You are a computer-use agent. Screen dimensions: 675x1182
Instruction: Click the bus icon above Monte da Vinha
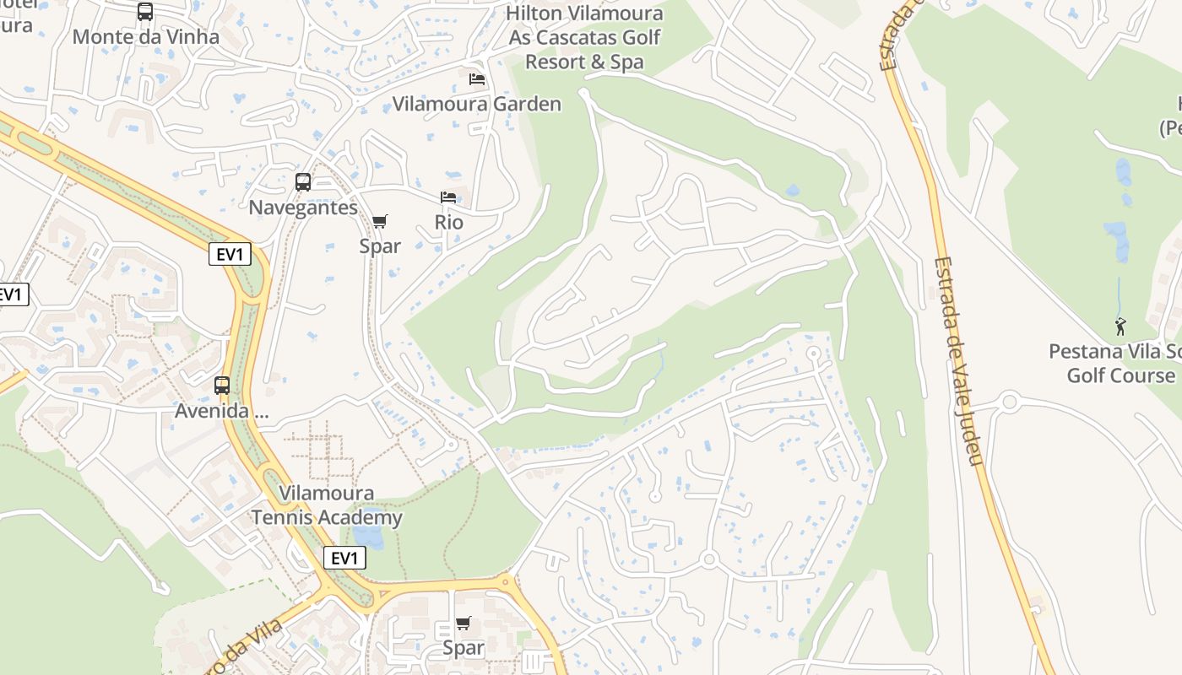pos(145,12)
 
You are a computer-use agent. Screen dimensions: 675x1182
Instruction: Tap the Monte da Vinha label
pos(145,37)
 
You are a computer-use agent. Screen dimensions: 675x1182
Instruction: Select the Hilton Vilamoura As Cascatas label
pos(584,38)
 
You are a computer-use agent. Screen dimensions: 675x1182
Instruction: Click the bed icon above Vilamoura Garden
pos(477,79)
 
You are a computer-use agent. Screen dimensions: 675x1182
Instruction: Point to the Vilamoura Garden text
pos(477,105)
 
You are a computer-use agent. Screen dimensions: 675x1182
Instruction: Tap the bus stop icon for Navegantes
pos(302,182)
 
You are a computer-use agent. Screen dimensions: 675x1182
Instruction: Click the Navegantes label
pos(302,208)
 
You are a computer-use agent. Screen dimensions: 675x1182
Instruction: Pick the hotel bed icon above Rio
pos(448,197)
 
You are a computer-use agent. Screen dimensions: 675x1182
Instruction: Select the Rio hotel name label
pos(448,222)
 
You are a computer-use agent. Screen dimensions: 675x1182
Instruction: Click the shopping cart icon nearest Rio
pos(380,222)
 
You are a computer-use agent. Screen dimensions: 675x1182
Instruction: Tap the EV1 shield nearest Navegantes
pos(230,254)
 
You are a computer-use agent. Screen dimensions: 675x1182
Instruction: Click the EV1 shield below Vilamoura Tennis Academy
pos(344,558)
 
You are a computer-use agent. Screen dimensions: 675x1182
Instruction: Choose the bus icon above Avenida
pos(221,386)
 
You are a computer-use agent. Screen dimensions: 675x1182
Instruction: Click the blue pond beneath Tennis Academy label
pos(368,537)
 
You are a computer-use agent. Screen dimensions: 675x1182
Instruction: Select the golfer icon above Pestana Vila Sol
pos(1120,327)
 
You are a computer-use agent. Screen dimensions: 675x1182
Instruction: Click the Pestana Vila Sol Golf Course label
pos(1114,364)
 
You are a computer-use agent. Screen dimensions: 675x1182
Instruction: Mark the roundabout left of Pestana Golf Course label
pos(1008,401)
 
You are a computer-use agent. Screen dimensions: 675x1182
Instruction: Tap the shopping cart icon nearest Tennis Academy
pos(463,624)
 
